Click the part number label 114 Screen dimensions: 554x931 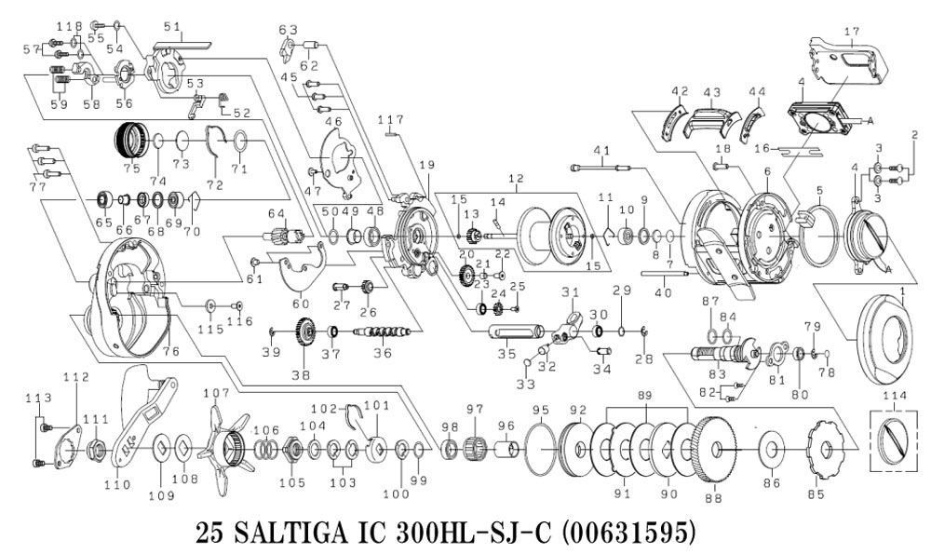(895, 396)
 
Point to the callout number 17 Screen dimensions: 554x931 (850, 32)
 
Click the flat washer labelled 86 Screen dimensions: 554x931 (771, 450)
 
